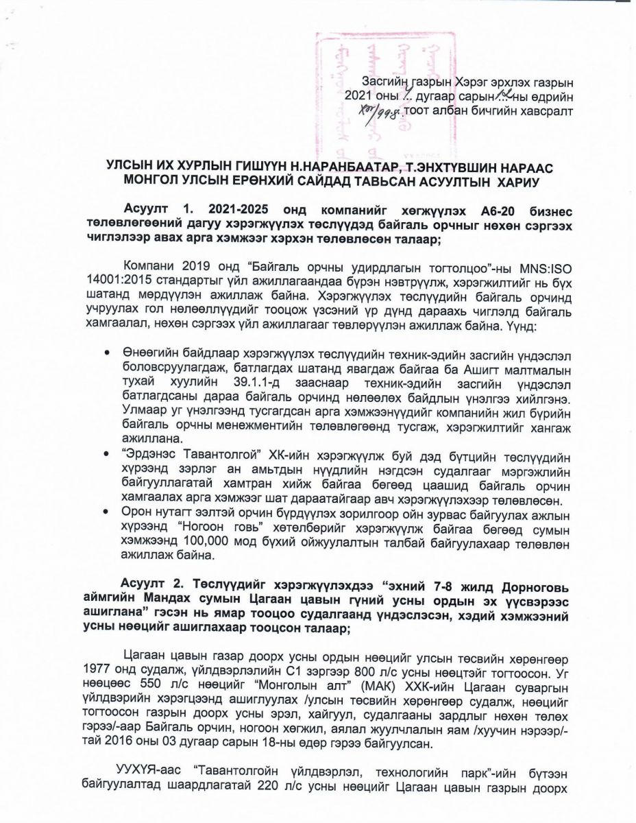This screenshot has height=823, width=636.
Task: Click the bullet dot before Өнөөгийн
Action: [106, 353]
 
